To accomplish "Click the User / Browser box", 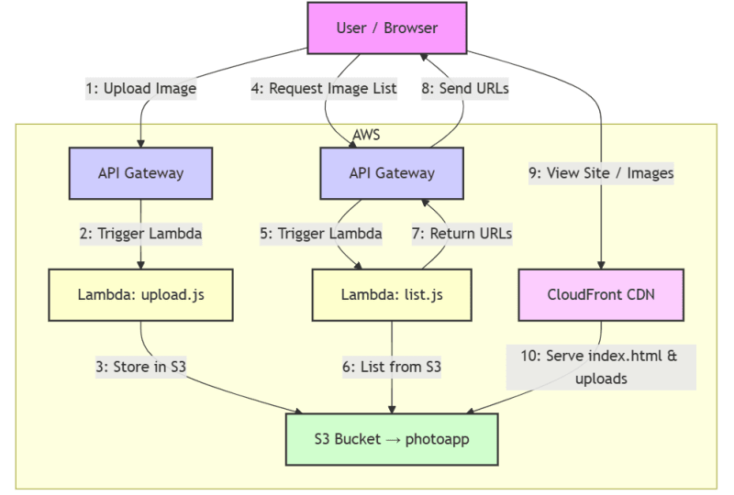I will click(x=387, y=27).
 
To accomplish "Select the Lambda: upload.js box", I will click(x=141, y=296).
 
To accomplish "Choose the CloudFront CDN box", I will click(x=602, y=296).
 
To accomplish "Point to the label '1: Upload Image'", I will click(x=141, y=89).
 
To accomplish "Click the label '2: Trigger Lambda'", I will click(x=141, y=233).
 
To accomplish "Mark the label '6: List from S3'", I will click(x=394, y=367).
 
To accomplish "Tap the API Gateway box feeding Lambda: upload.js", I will click(x=141, y=172).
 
